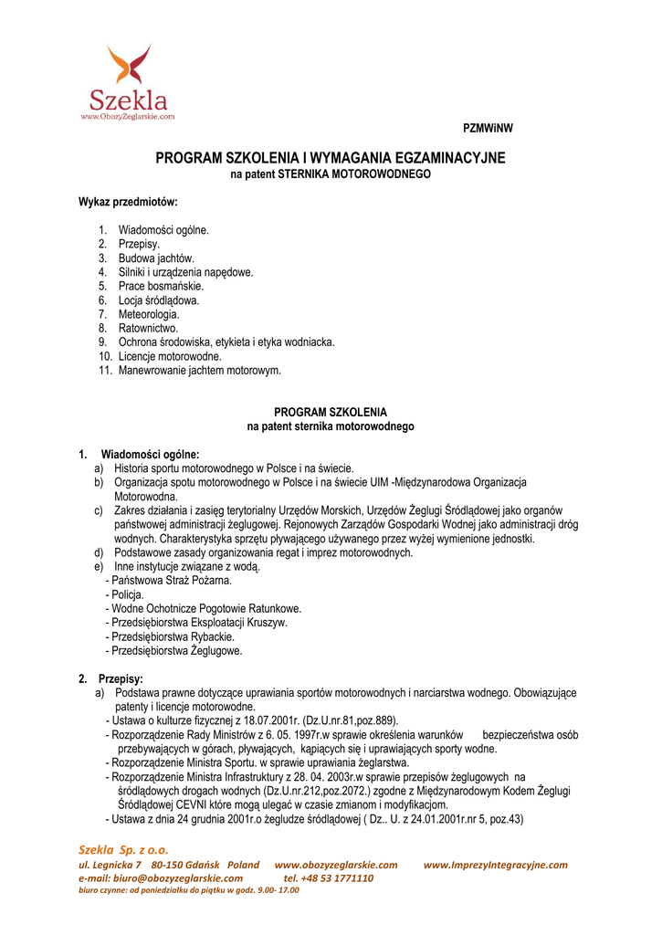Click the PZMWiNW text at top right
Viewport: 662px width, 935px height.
point(489,129)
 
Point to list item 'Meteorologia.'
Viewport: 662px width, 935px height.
point(149,314)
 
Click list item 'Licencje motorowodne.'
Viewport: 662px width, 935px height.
point(170,356)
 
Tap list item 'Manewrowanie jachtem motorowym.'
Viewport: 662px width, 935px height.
point(200,370)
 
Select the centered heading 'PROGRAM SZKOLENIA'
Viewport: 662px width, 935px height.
point(331,412)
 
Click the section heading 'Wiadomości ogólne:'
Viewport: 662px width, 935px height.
point(150,454)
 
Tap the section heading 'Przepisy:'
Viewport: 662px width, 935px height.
point(121,678)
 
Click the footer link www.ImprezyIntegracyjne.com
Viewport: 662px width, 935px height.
point(496,865)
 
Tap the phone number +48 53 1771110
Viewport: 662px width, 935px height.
point(338,877)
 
